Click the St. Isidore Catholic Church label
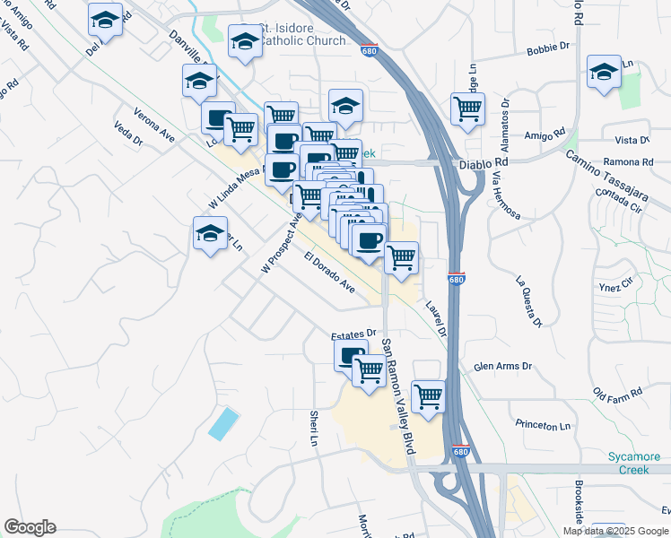point(301,34)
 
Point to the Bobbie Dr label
point(549,47)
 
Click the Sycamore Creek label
point(639,463)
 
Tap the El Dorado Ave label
point(329,273)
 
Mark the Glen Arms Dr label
point(502,367)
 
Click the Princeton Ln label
point(543,425)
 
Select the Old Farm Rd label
point(618,393)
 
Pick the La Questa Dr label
point(528,302)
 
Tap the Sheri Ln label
point(314,429)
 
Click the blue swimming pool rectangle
point(224,423)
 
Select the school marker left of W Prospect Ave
point(211,235)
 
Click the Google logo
point(30,527)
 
